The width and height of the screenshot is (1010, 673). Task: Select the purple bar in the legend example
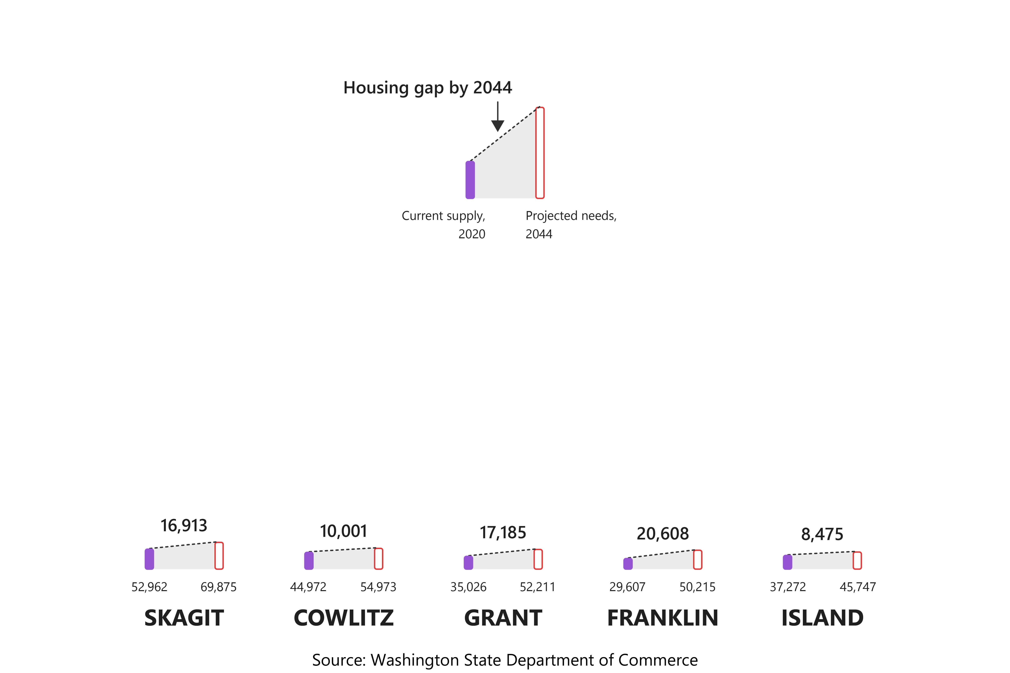point(470,180)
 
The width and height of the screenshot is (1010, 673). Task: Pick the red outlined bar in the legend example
point(540,153)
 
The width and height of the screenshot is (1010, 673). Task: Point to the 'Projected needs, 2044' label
point(571,224)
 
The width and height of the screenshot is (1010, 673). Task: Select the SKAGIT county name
point(184,618)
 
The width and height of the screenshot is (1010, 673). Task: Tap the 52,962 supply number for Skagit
point(149,587)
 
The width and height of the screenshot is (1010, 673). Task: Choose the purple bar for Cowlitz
point(309,560)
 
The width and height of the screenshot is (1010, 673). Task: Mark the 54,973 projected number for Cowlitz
point(378,587)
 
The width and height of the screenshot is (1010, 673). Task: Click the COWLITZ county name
point(343,618)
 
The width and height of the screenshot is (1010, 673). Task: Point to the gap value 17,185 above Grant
point(503,533)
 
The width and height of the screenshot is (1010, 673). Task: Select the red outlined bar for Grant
point(538,559)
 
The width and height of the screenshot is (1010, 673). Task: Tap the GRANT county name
point(503,618)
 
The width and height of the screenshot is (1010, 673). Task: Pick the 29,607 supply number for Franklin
point(627,587)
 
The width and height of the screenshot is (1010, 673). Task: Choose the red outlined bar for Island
point(857,560)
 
